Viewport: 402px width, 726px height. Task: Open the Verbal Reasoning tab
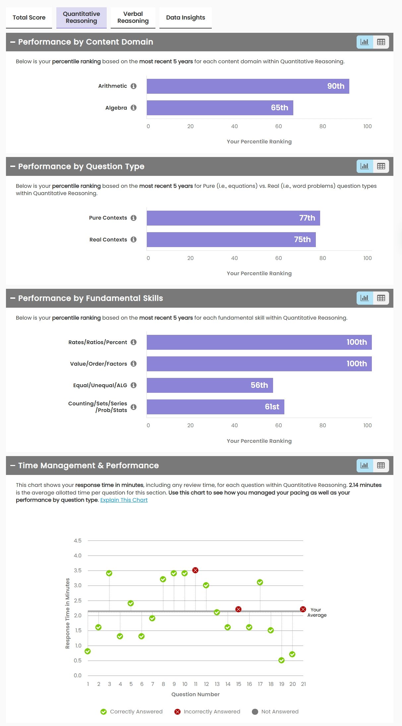click(x=133, y=18)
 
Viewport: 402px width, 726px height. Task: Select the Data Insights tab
click(x=185, y=18)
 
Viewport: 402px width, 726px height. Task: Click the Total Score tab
click(x=29, y=18)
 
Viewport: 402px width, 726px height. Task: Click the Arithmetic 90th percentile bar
click(x=248, y=86)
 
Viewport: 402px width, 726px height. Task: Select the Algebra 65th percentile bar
click(x=220, y=108)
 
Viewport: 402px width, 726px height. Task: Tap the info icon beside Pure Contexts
click(x=134, y=218)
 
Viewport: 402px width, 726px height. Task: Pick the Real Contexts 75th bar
click(x=231, y=239)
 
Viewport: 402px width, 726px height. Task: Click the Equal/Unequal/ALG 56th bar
click(x=209, y=385)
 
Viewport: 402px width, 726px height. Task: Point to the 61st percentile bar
click(x=215, y=407)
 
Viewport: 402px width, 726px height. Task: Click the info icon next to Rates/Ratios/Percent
click(x=134, y=342)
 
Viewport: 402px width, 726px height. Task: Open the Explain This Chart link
click(x=124, y=500)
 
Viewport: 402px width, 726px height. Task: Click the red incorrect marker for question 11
click(x=195, y=570)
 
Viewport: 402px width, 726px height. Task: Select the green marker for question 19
click(x=281, y=660)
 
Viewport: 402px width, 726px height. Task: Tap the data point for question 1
click(x=87, y=651)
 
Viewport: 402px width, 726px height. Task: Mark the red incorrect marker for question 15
click(x=238, y=609)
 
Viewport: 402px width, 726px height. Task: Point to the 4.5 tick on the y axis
click(x=78, y=541)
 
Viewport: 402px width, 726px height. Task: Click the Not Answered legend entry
click(x=275, y=711)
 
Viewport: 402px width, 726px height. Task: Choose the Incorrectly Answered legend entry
click(x=207, y=711)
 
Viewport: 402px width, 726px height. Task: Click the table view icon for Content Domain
click(x=381, y=42)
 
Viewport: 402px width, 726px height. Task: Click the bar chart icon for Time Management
click(x=365, y=465)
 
